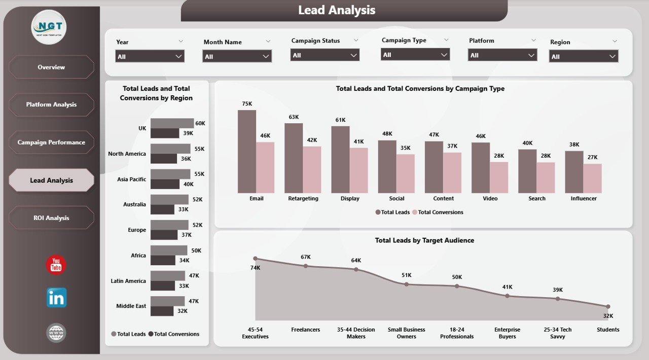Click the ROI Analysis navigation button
coord(51,218)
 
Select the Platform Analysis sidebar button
coord(51,104)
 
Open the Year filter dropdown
coord(150,56)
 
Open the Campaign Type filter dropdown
coord(415,55)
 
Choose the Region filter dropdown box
coord(583,57)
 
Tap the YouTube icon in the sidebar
coord(56,265)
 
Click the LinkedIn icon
coord(56,298)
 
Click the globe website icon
coord(56,333)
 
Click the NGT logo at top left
coord(49,27)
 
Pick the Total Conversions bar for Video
coord(499,177)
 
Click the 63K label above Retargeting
coord(294,117)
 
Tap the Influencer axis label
coord(584,199)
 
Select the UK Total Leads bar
coord(172,123)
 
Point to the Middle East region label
coord(131,306)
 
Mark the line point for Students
coord(607,306)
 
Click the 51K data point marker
coord(406,284)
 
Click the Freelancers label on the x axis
coord(305,330)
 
